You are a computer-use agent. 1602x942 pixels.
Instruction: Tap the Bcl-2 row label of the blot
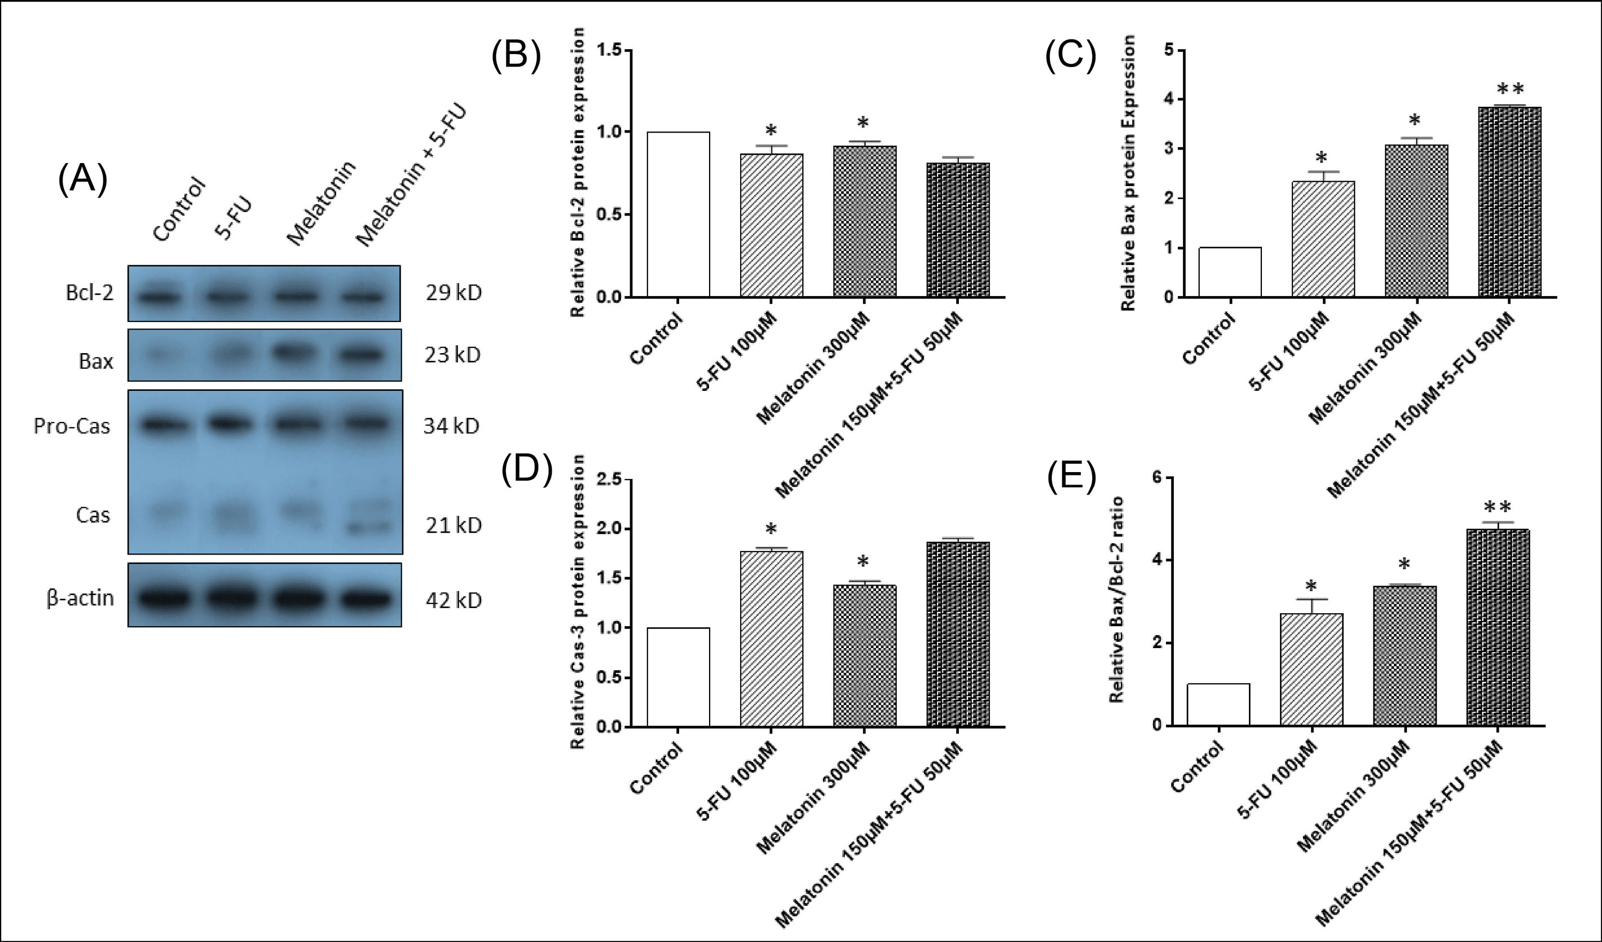[x=90, y=293]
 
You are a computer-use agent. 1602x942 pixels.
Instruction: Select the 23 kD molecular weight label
[x=452, y=355]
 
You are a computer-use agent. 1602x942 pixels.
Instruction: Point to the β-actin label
[x=80, y=598]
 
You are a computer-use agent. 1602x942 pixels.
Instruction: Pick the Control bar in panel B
[x=678, y=215]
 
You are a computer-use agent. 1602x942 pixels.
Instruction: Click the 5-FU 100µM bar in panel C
[x=1323, y=239]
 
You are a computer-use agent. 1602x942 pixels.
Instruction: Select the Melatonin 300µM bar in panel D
[x=865, y=655]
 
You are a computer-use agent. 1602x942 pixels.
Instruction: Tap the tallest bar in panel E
[x=1498, y=627]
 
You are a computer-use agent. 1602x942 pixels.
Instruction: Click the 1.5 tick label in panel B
[x=609, y=50]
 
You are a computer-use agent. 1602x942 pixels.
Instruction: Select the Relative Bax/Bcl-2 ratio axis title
[x=1116, y=600]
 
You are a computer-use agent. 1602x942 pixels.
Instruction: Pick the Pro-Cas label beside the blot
[x=72, y=426]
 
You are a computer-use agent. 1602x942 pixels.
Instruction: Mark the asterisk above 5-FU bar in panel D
[x=771, y=530]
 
